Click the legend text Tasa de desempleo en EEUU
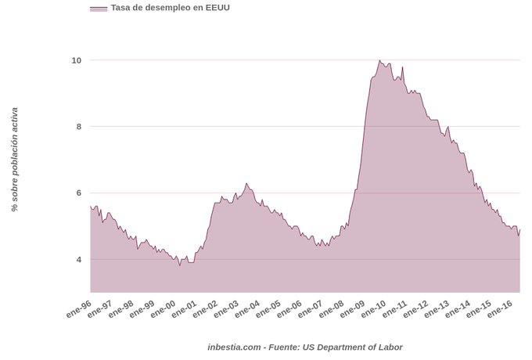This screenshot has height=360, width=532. pos(170,8)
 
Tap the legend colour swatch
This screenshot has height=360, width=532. pos(99,9)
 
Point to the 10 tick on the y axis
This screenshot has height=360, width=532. pos(76,60)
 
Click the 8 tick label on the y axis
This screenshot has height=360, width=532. pos(77,127)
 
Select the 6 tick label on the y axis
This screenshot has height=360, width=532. pos(77,193)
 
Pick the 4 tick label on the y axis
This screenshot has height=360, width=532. pos(77,260)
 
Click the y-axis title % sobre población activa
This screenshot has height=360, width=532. pos(14,160)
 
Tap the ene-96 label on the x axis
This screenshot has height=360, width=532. pos(79,308)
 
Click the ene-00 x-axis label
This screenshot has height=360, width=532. pos(163,308)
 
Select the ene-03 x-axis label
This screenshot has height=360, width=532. pos(225,308)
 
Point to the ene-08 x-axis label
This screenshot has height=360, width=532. pos(330,308)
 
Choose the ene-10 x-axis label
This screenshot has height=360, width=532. pos(372,308)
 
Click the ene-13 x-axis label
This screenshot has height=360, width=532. pos(435,308)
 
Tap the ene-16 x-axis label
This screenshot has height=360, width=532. pos(498,308)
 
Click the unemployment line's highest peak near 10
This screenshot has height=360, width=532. pos(379,60)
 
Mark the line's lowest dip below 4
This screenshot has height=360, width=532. pos(179,265)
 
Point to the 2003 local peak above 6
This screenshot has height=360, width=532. pos(246,184)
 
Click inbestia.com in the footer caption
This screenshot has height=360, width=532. pos(234,347)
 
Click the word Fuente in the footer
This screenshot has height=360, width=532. pos(284,347)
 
